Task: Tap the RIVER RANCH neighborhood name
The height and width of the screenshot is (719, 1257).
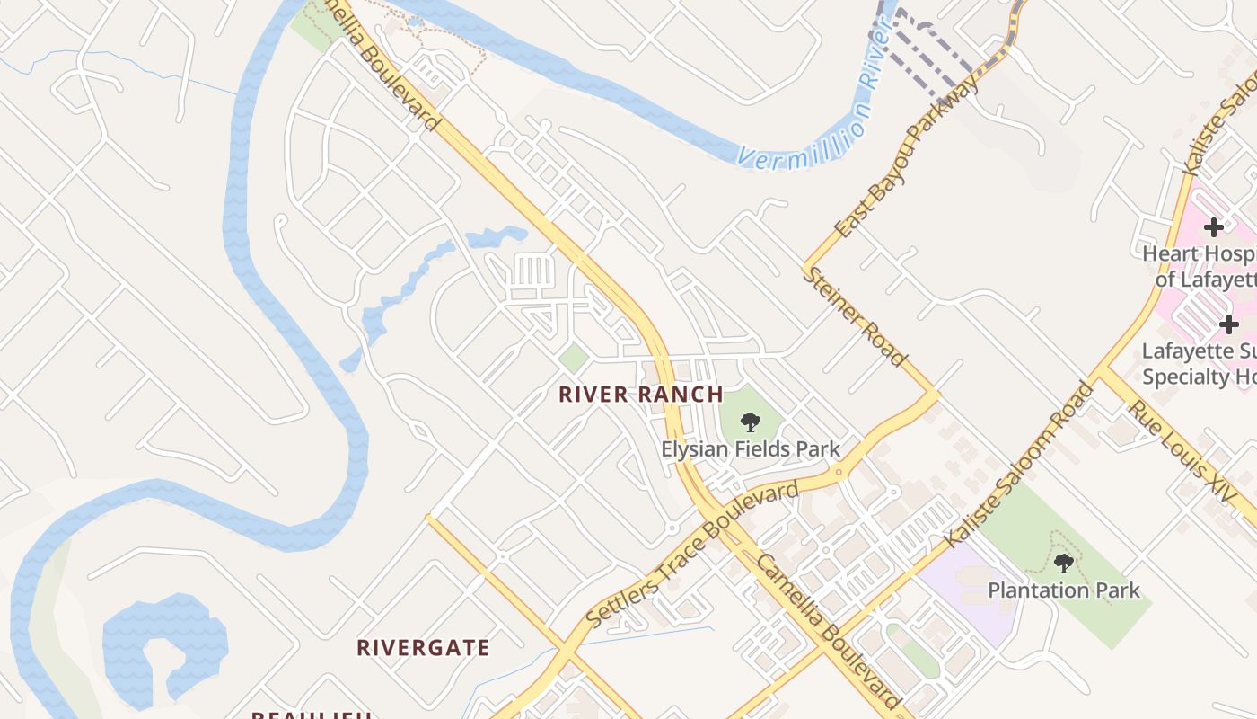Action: point(640,395)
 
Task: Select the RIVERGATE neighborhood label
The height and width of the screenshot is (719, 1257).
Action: point(423,648)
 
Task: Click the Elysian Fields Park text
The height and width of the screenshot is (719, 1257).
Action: point(751,448)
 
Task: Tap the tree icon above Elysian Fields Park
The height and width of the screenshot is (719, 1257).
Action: point(751,422)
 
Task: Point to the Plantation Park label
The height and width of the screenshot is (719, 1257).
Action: point(1064,590)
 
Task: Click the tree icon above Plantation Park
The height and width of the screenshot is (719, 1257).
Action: point(1064,564)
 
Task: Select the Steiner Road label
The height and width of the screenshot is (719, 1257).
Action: point(856,316)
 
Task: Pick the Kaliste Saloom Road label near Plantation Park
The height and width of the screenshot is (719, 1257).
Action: point(1021,465)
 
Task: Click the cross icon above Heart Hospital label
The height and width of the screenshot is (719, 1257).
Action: point(1214,226)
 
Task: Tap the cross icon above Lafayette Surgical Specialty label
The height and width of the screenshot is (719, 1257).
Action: point(1229,324)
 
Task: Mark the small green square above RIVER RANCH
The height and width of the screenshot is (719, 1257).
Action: point(574,358)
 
